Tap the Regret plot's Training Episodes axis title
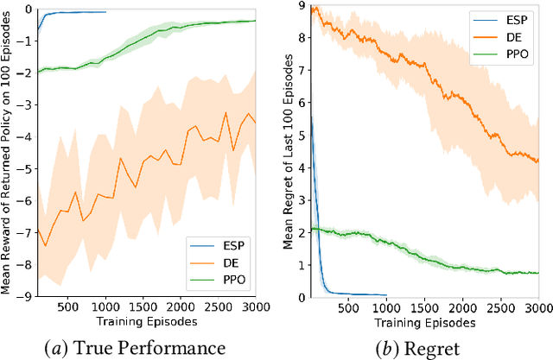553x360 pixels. (x=423, y=322)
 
